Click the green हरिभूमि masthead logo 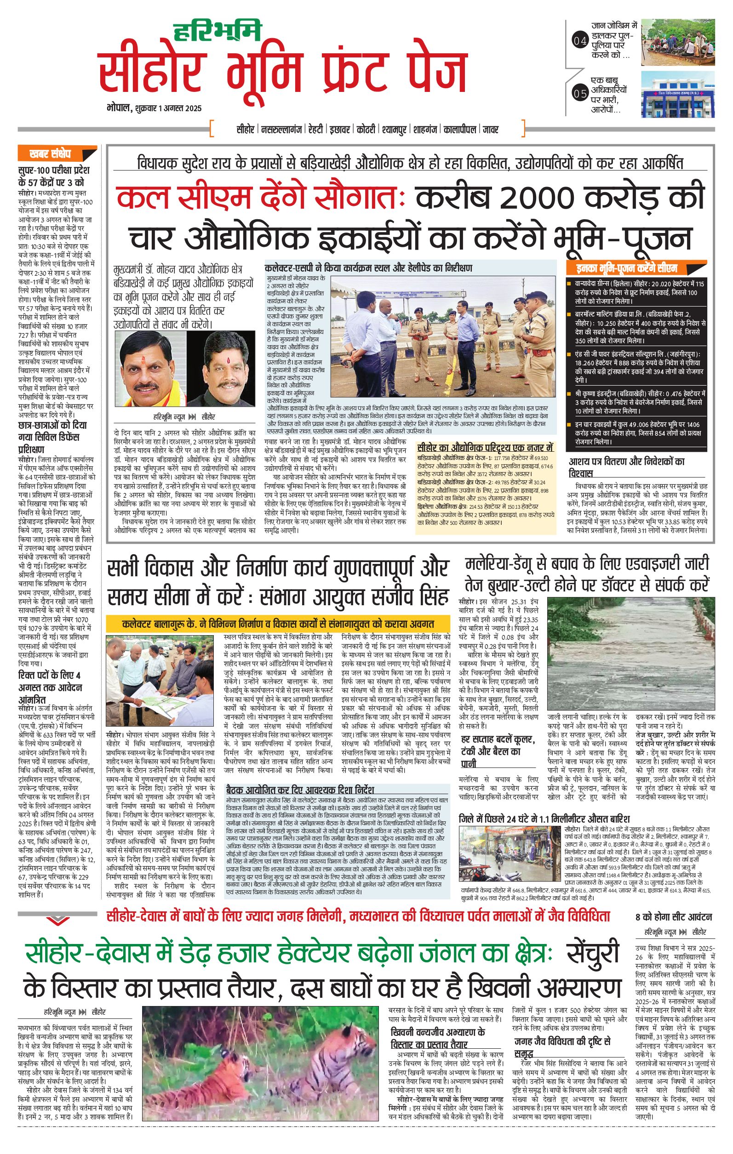point(217,31)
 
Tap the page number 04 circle point(579,42)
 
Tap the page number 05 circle point(579,93)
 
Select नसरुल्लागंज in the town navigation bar point(282,130)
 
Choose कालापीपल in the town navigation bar point(460,130)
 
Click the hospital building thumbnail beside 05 point(678,94)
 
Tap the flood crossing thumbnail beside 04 point(678,42)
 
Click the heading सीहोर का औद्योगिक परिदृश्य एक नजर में point(485,448)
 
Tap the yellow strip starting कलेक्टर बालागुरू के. point(278,625)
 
